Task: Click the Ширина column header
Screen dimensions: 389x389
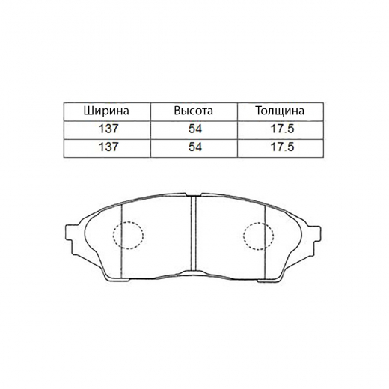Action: (106, 111)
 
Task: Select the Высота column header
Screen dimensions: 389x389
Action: (194, 111)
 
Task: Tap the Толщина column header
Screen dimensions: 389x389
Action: (280, 111)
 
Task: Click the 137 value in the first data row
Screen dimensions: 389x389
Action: (108, 129)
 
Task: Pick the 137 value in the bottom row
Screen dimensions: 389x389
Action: (108, 147)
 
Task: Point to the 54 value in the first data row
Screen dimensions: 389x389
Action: (195, 129)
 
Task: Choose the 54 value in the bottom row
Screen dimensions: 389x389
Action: (195, 147)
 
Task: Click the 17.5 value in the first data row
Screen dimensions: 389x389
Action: (283, 129)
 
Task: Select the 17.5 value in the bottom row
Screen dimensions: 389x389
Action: (283, 147)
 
